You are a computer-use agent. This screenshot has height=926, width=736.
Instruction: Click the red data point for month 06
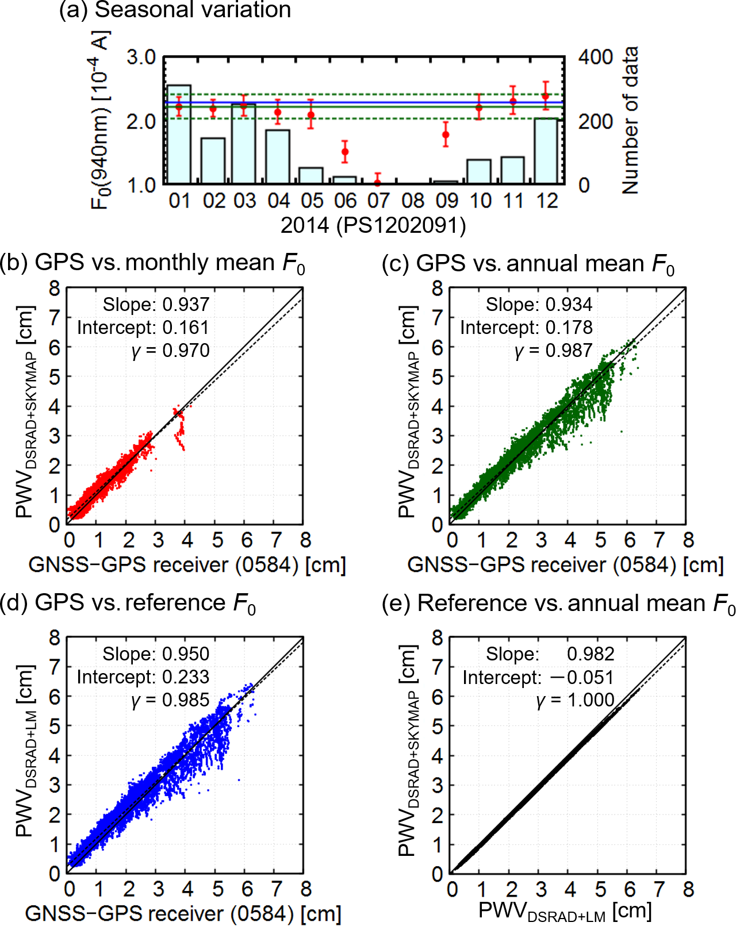(x=345, y=152)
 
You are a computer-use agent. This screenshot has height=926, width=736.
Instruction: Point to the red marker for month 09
(x=446, y=135)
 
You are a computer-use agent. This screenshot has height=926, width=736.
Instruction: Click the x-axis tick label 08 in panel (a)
(x=413, y=201)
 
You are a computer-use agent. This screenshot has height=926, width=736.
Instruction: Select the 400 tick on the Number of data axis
(x=596, y=57)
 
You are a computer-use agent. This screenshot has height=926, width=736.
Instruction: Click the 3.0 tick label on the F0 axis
(x=141, y=57)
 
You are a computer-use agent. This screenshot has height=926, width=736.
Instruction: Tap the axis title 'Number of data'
(x=630, y=121)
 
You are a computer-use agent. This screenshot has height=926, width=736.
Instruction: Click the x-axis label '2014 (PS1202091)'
(x=373, y=225)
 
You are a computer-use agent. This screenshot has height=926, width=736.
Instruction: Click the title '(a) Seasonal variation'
(x=175, y=10)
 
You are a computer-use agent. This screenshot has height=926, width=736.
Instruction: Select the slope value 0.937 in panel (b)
(x=186, y=305)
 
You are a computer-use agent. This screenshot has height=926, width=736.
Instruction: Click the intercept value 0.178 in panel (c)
(x=569, y=328)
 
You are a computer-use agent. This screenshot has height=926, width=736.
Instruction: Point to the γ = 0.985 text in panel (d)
(x=171, y=700)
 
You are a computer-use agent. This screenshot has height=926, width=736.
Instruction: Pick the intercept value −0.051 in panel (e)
(x=582, y=678)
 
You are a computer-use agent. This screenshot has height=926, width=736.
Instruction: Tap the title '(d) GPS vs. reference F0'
(x=128, y=604)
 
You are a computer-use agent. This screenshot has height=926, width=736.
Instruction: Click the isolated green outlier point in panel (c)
(x=621, y=431)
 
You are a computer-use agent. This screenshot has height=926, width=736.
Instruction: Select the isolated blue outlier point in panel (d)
(x=239, y=780)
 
